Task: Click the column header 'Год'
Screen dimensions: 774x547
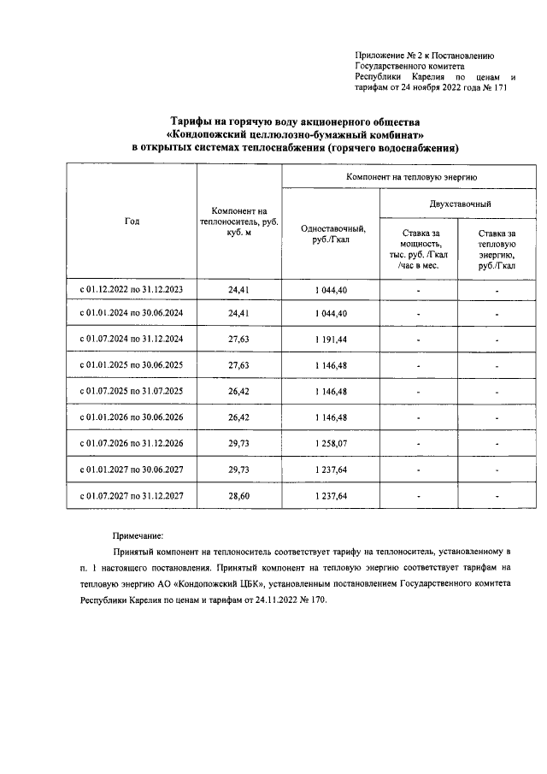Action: [x=132, y=221]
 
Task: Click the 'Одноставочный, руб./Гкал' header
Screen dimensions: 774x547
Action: [x=331, y=233]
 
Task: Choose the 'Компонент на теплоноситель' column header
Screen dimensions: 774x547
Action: [x=238, y=221]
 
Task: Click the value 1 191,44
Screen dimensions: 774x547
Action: [x=331, y=339]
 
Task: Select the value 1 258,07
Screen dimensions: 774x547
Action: [x=331, y=444]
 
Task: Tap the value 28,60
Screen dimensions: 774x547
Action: [x=238, y=496]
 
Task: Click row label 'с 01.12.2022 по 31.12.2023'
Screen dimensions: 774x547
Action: [x=132, y=290]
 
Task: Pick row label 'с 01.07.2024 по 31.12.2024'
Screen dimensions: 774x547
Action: [x=132, y=339]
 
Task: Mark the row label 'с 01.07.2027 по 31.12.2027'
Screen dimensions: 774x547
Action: [x=132, y=496]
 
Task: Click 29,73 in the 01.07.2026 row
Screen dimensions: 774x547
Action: [x=238, y=444]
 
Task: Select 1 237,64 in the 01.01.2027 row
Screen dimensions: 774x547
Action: [x=331, y=469]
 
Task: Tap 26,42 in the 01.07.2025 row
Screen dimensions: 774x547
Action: [x=238, y=391]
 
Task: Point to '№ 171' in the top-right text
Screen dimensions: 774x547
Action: [x=496, y=87]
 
